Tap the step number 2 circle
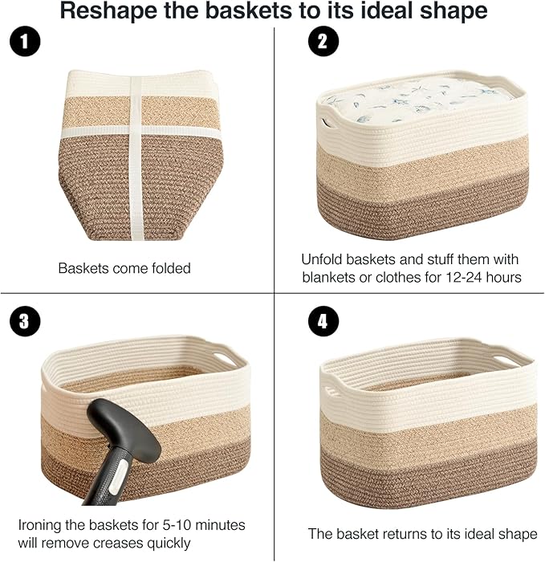point(322,43)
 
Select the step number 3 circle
point(26,322)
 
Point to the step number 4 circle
point(322,322)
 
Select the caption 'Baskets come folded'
point(124,268)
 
